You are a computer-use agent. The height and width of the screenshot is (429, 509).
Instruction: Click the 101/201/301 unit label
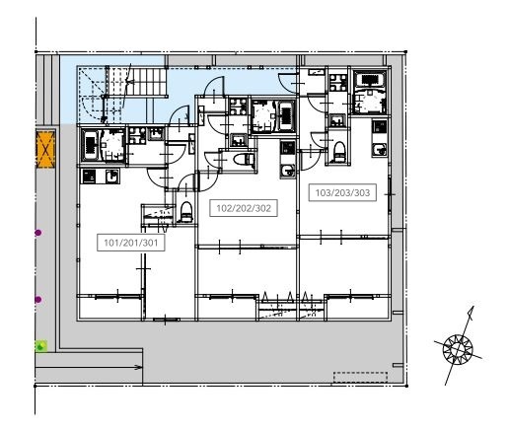tap(131, 243)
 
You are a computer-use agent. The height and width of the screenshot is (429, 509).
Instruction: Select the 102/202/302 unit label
tap(244, 208)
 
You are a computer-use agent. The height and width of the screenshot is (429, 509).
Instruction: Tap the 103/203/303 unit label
tap(342, 192)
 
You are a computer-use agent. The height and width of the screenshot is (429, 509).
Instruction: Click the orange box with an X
tap(45, 149)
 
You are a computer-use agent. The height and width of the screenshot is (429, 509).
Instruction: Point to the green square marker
tap(41, 346)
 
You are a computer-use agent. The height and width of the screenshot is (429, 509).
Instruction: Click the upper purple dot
tap(38, 233)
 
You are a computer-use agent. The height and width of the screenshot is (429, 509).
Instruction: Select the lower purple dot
tap(38, 300)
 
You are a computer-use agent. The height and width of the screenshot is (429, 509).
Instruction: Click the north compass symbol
tap(458, 348)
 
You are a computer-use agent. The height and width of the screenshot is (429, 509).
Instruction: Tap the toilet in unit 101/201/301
tap(186, 212)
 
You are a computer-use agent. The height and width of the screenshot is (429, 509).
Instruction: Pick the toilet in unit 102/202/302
tap(244, 160)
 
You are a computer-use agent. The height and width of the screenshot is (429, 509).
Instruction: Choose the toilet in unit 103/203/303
tap(339, 152)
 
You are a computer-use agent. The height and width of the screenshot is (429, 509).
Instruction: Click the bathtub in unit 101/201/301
tap(90, 145)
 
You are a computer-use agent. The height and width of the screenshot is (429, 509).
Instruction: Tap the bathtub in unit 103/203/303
tap(371, 80)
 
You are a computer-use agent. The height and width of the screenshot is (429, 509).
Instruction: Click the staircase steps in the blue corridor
tap(146, 81)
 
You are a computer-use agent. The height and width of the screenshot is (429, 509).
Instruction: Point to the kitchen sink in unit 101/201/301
tap(112, 177)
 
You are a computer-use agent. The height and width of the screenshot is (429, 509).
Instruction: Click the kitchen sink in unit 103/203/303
tap(380, 150)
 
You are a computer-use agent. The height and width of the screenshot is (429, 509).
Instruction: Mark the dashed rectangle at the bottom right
tap(360, 377)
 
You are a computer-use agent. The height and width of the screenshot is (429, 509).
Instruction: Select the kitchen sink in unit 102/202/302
tap(288, 171)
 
